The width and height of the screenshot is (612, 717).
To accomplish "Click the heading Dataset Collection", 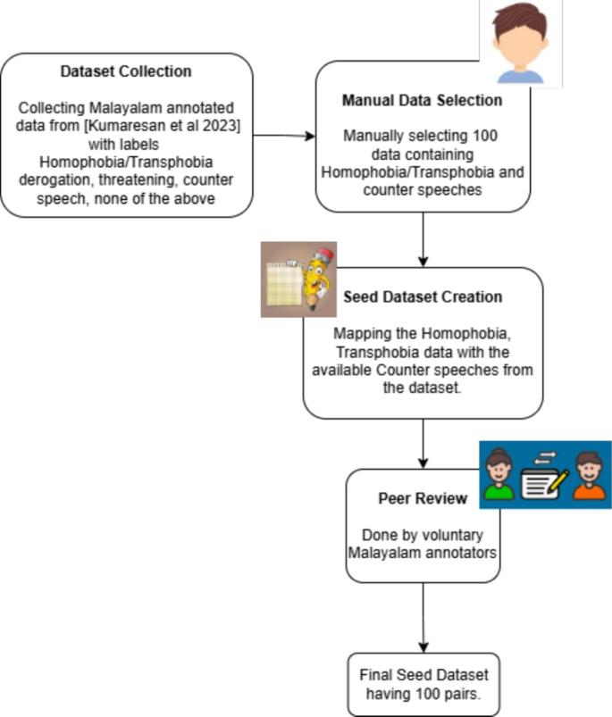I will tap(126, 71).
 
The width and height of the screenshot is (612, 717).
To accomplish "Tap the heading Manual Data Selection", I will tap(422, 100).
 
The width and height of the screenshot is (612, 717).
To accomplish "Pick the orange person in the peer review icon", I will tap(587, 475).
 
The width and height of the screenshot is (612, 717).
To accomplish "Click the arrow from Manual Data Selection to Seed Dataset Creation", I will tap(423, 239).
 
